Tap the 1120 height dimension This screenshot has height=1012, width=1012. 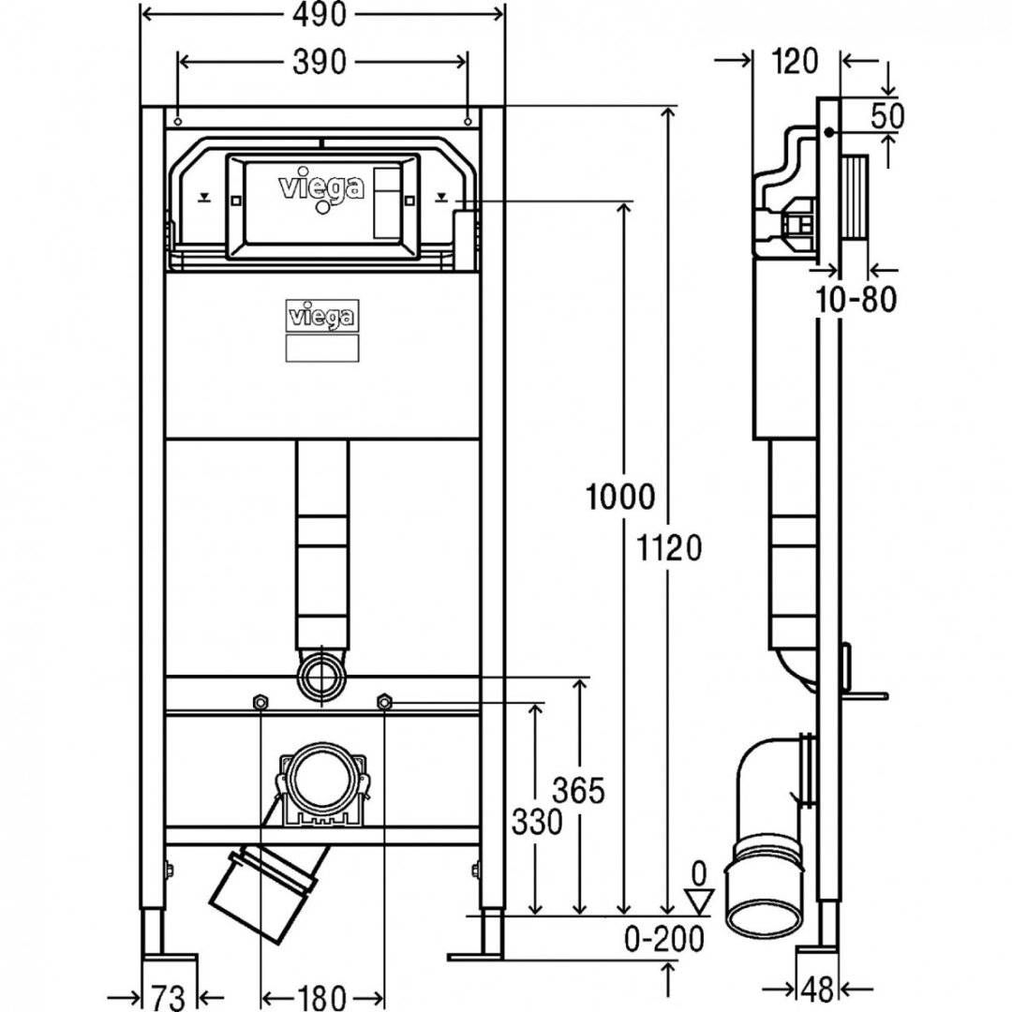click(x=670, y=546)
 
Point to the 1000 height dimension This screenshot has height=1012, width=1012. click(x=620, y=496)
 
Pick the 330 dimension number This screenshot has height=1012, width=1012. click(x=537, y=822)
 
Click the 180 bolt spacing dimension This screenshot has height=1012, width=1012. click(x=321, y=997)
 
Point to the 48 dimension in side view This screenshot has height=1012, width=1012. click(x=819, y=988)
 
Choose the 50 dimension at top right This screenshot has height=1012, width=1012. click(x=887, y=116)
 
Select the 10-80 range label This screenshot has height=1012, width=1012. click(x=854, y=300)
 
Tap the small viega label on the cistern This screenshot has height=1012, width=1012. click(x=321, y=316)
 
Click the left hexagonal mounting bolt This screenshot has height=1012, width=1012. click(x=260, y=702)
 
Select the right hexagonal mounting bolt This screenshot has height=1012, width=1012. click(x=383, y=702)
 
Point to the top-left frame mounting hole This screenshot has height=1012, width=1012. click(x=177, y=120)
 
